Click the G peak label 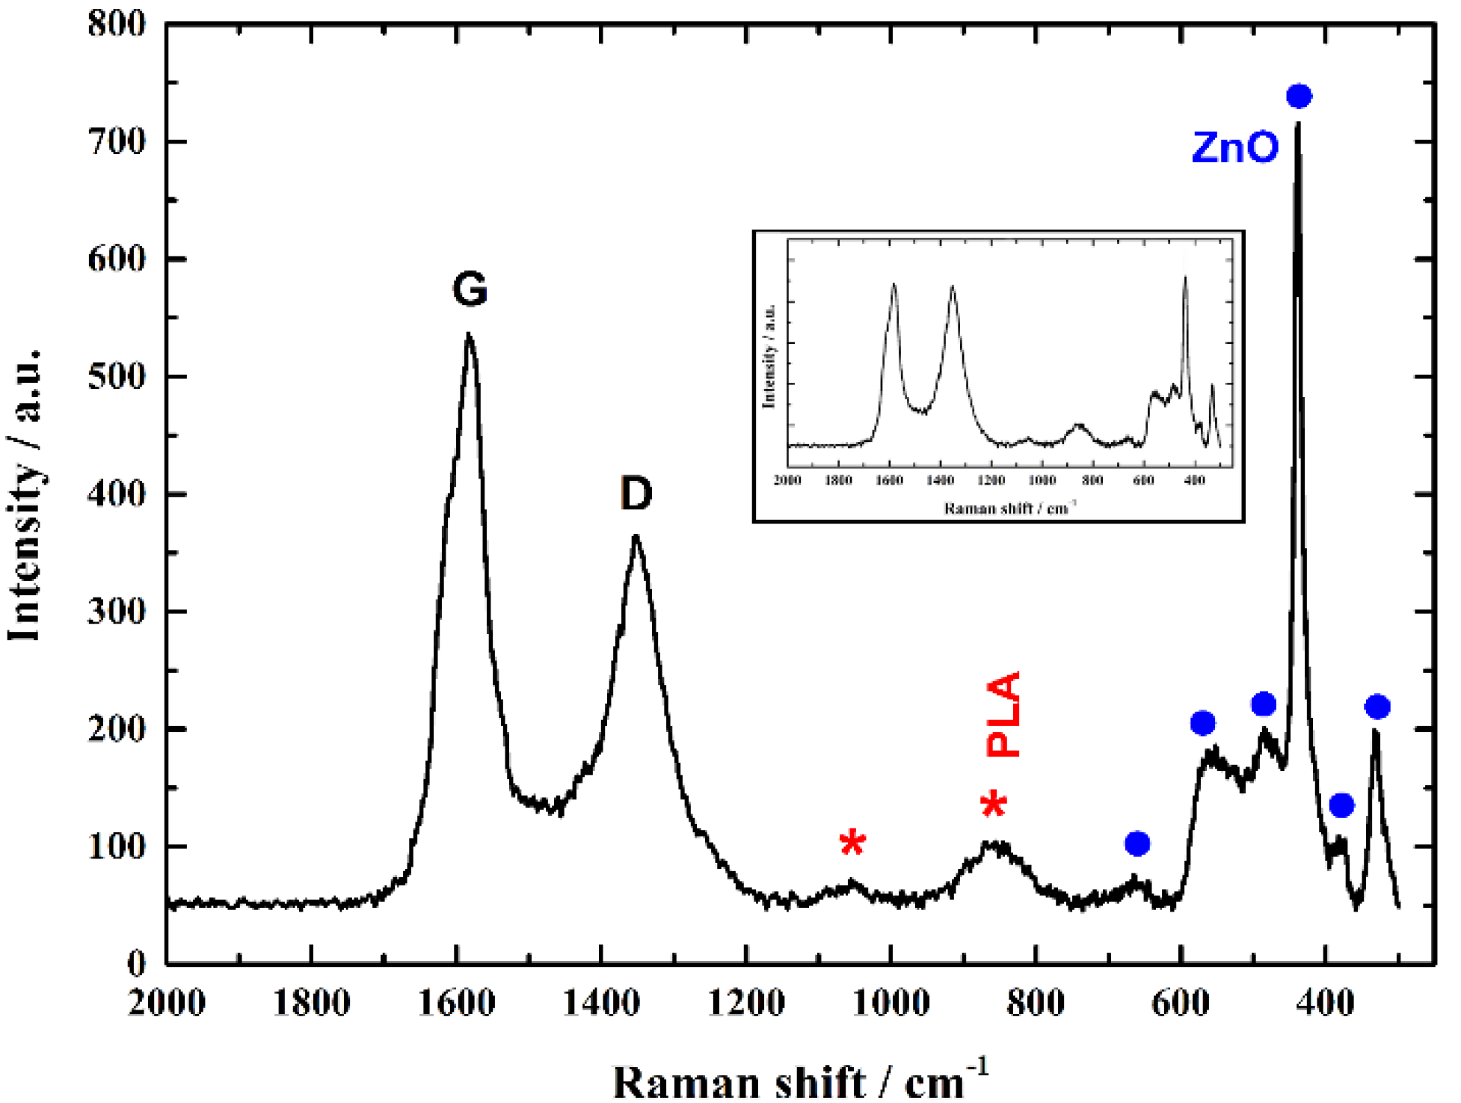(470, 289)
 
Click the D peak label (636, 494)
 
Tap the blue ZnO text (1235, 147)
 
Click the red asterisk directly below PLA (994, 805)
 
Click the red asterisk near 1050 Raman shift (852, 844)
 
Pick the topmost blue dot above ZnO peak (1299, 96)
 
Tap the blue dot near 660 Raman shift (1136, 844)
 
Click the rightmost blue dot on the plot (1377, 707)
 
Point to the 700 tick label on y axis (117, 141)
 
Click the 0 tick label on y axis (136, 964)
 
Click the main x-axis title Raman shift (800, 1081)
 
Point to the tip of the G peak (468, 335)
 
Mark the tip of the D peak (636, 536)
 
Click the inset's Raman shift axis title (1009, 509)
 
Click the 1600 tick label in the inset (888, 480)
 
